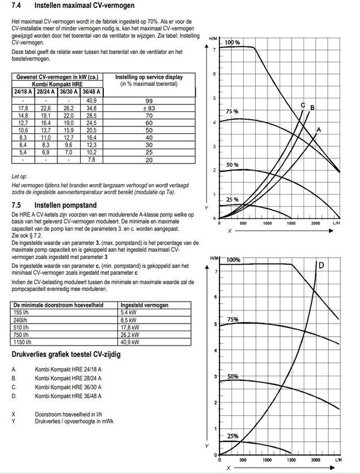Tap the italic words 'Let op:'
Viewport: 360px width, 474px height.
click(20, 177)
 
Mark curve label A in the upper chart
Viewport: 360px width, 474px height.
click(318, 129)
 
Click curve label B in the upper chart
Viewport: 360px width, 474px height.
click(312, 107)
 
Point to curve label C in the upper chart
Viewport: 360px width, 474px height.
click(302, 105)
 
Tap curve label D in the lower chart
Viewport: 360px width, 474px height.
click(320, 265)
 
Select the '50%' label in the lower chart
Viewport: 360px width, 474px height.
click(232, 376)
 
